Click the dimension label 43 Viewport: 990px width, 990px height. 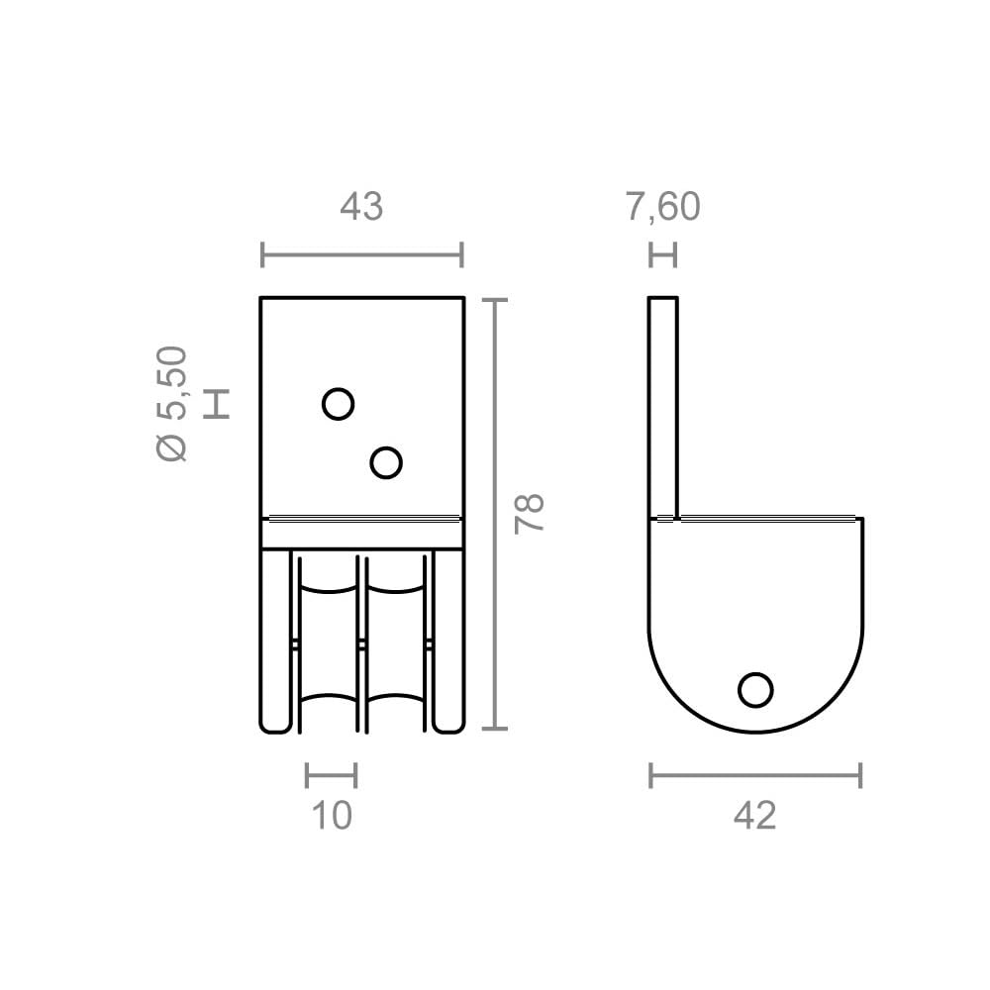[x=361, y=207]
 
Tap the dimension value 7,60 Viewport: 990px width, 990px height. [x=662, y=207]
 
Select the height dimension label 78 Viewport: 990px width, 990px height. [x=531, y=513]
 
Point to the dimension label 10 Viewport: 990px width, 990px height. [x=332, y=815]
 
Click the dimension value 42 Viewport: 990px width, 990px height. [x=754, y=815]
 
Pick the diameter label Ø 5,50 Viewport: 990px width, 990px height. [x=172, y=403]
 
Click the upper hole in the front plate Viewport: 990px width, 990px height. [x=339, y=404]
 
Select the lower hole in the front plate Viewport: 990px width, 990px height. [x=386, y=461]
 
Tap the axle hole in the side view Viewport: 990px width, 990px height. [x=756, y=690]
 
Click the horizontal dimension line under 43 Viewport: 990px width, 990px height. [x=361, y=254]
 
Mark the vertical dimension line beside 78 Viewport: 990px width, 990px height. [x=494, y=513]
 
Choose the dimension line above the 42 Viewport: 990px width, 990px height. [x=754, y=775]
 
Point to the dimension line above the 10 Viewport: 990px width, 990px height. [x=332, y=775]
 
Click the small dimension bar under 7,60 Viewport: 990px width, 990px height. [x=662, y=254]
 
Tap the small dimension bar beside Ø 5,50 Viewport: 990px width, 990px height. [x=216, y=403]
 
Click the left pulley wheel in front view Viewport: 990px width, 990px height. [x=331, y=643]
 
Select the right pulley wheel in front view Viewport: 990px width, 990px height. [x=396, y=643]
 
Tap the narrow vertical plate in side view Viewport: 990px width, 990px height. [x=663, y=406]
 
